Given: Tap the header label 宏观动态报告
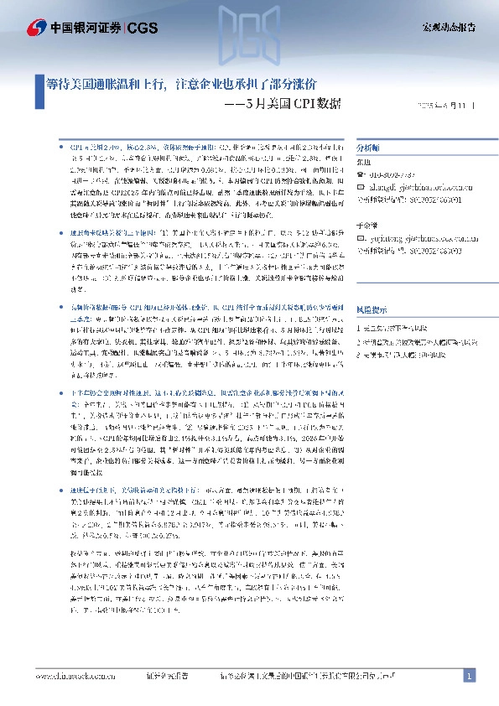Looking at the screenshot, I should point(448,28).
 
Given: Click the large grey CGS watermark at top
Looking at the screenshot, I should point(250,33).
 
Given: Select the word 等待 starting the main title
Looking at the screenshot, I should point(56,85).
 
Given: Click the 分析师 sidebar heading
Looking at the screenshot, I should point(369,145).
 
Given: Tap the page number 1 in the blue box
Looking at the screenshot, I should point(469,676).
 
